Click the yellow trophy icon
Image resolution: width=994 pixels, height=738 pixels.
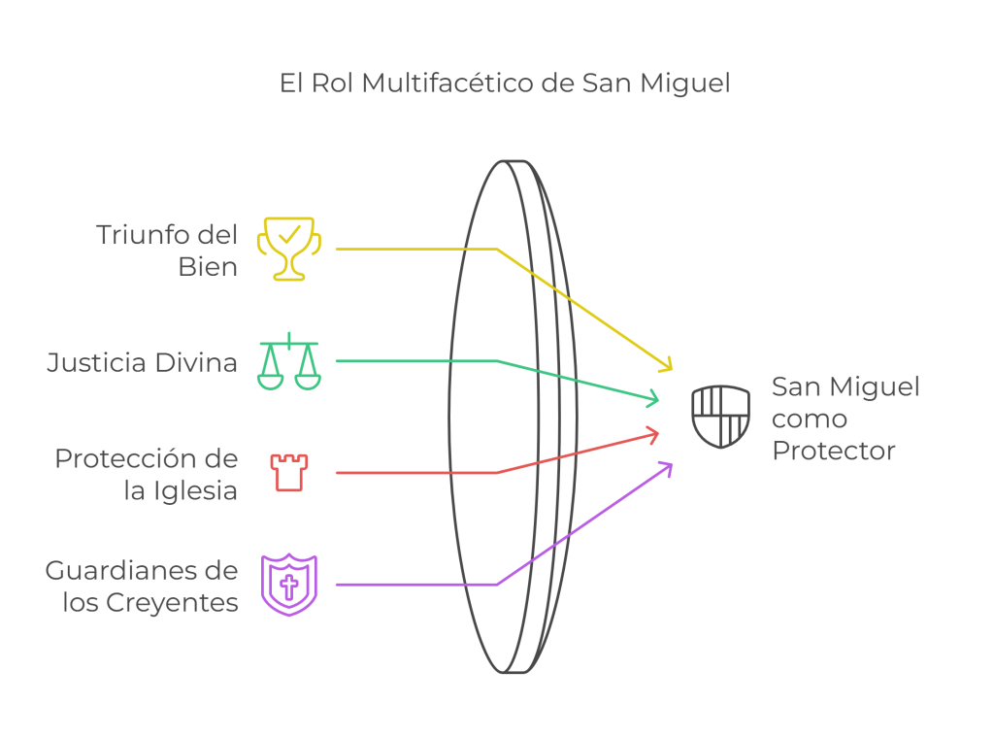coord(288,249)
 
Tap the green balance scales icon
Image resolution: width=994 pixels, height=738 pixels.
coord(288,361)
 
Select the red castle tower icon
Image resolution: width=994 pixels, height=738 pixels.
coord(288,473)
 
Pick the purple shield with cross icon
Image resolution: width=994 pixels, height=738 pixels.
coord(288,585)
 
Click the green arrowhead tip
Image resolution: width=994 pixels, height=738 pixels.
coord(660,399)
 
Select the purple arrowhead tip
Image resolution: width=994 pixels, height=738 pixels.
coord(672,462)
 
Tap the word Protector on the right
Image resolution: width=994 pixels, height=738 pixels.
coord(833,451)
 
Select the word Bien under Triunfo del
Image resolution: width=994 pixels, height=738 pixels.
coord(208,266)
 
